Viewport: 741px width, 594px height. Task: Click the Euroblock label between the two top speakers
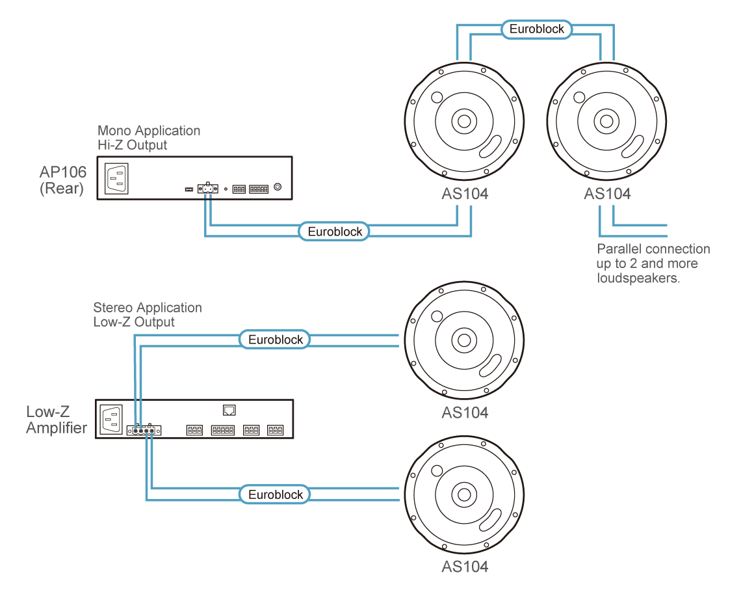[x=536, y=29]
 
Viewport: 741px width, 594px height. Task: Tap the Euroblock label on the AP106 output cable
[x=335, y=232]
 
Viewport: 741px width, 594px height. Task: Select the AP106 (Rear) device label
[x=62, y=180]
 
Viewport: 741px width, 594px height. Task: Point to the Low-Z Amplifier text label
[x=57, y=420]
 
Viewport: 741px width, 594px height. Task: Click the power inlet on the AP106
[x=116, y=178]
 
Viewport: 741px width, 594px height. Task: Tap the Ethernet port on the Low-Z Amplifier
[x=229, y=410]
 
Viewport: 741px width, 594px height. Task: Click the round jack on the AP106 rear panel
[x=278, y=187]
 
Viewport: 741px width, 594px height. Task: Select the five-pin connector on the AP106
[x=259, y=189]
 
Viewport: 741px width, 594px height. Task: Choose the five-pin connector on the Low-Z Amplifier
[x=222, y=430]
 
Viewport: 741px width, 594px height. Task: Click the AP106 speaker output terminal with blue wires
[x=208, y=188]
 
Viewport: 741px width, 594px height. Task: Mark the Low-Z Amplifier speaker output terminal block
[x=144, y=430]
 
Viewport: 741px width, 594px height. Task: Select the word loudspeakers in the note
[x=638, y=278]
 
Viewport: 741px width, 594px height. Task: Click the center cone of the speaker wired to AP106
[x=464, y=122]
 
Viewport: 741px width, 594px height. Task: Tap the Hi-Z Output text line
[x=133, y=145]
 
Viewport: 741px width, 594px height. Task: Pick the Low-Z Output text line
[x=134, y=322]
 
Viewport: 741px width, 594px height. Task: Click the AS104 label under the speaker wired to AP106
[x=465, y=194]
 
